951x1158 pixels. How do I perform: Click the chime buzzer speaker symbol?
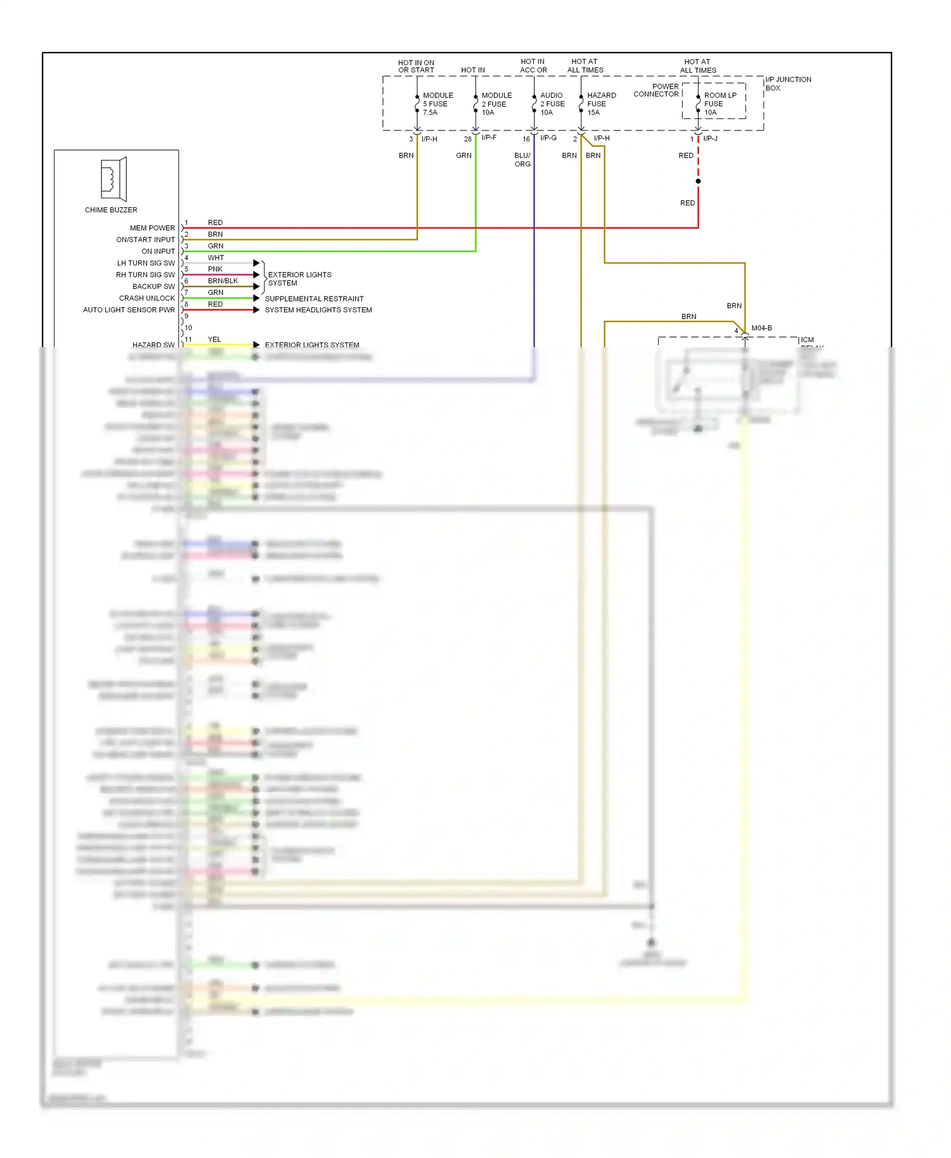[x=113, y=179]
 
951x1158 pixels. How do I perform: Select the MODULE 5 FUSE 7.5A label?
[x=437, y=104]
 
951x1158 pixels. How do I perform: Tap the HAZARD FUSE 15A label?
[x=600, y=104]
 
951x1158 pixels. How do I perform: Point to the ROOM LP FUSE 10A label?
[x=719, y=104]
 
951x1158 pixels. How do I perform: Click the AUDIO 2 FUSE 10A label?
[x=552, y=104]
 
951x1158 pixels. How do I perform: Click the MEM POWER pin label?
[x=152, y=228]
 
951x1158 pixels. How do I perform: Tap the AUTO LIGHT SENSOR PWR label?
[x=129, y=310]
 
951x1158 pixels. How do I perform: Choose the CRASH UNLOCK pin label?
[x=146, y=298]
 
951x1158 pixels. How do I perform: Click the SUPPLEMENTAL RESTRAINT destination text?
[x=314, y=298]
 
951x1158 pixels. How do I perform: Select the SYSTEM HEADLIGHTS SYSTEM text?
[x=318, y=310]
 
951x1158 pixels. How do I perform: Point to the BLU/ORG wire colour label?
[x=522, y=160]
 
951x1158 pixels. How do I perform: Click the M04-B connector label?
[x=761, y=328]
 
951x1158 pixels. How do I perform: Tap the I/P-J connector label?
[x=710, y=138]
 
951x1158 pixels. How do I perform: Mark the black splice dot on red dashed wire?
[x=698, y=181]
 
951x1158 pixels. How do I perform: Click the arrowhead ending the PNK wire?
[x=256, y=275]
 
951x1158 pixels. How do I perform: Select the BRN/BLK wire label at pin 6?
[x=223, y=281]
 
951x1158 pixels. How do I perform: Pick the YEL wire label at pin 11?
[x=214, y=340]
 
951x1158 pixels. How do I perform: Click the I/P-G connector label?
[x=548, y=138]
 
